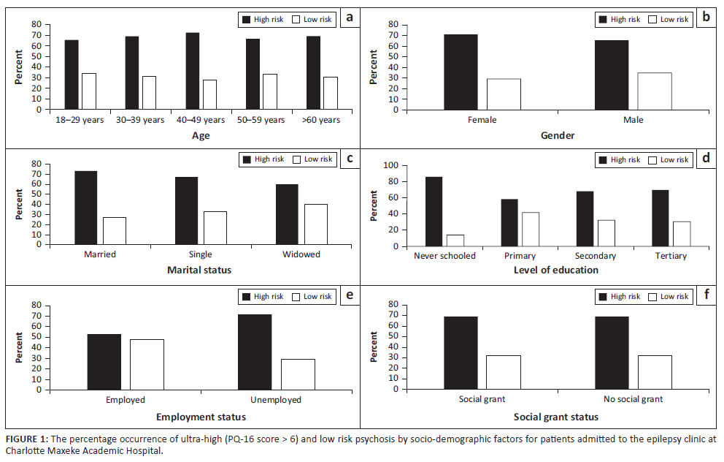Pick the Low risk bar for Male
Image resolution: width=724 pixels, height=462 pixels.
point(655,91)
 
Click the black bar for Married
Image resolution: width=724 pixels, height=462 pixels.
point(86,207)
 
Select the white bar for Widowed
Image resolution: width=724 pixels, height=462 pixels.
point(315,224)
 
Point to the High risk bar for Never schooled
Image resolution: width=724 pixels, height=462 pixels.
point(434,211)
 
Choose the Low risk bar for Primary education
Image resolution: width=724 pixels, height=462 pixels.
point(531,230)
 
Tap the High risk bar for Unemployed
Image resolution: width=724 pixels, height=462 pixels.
point(255,352)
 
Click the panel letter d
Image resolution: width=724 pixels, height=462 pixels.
point(705,157)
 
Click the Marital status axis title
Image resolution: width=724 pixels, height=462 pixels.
point(200,270)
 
